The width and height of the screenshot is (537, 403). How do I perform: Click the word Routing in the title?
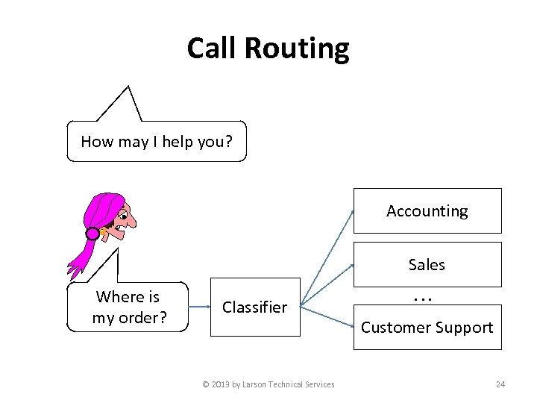296,49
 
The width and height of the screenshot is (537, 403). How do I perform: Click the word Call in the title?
212,49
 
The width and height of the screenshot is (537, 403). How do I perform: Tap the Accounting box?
427,211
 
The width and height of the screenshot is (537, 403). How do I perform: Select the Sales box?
427,264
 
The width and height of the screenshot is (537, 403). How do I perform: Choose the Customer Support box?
427,327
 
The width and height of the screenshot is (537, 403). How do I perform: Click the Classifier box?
254,307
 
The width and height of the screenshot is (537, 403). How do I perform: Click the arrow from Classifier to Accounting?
328,257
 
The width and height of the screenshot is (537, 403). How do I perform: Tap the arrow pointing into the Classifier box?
199,306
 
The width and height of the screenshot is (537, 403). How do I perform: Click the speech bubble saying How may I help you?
156,141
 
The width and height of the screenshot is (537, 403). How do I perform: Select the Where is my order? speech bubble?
128,307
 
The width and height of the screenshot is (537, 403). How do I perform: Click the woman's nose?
132,221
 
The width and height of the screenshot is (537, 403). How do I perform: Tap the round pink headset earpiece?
92,234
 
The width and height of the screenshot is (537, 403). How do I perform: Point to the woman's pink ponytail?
78,257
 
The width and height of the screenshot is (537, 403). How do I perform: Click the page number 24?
500,384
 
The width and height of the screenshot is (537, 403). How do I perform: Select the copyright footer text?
268,384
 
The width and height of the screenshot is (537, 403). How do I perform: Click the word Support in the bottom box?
465,327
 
